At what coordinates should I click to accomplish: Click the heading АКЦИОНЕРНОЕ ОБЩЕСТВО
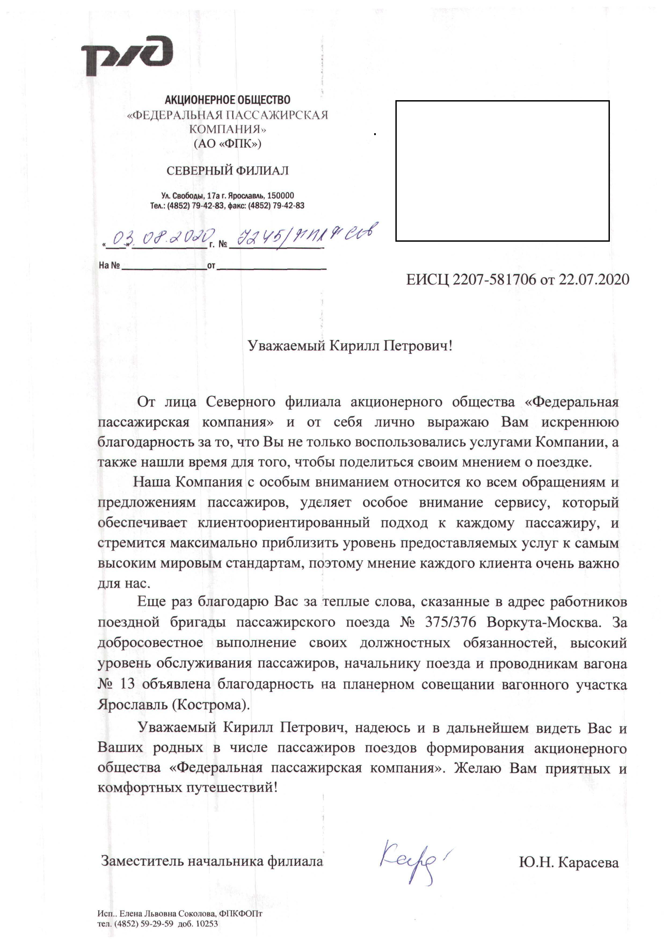(x=227, y=100)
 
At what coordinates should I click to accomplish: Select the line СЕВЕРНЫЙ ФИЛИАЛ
(x=227, y=171)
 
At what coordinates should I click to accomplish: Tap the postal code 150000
(x=281, y=196)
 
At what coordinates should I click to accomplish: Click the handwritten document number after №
(x=305, y=235)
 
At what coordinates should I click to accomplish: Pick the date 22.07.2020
(x=594, y=280)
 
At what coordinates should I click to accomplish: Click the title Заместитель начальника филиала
(x=212, y=862)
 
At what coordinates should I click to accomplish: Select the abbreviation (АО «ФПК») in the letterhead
(x=227, y=144)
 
